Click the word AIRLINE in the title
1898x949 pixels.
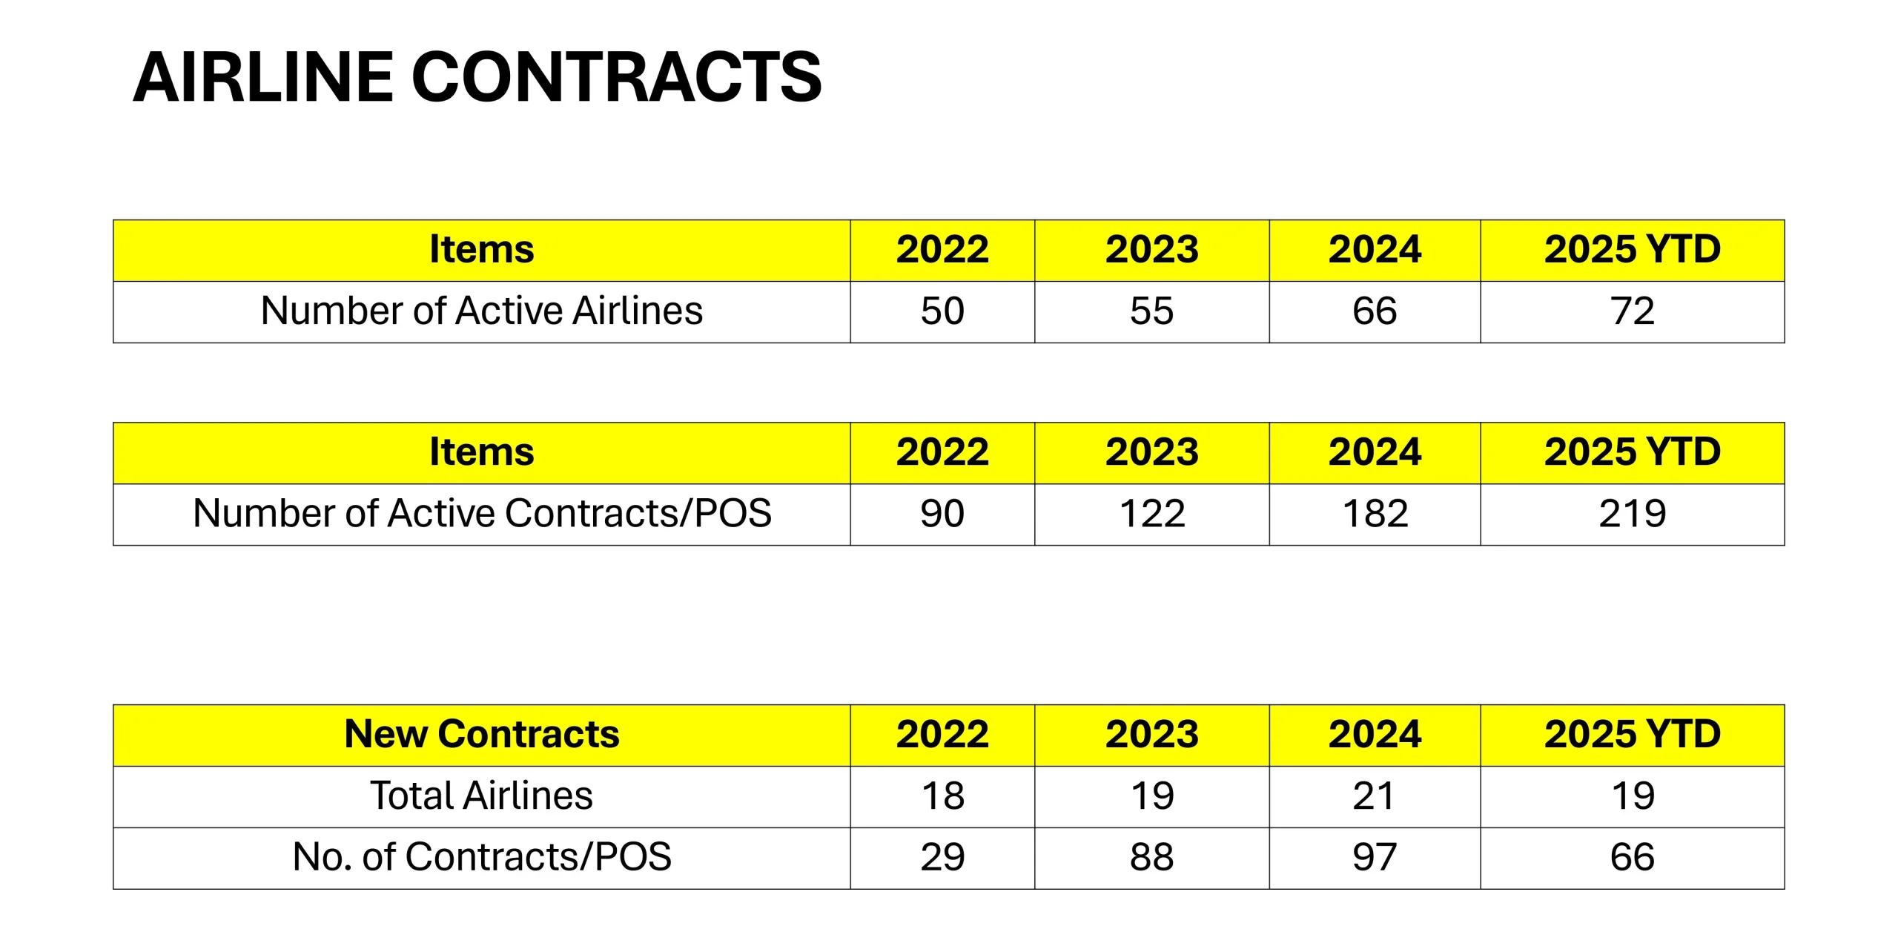click(x=263, y=77)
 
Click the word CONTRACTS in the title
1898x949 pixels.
click(x=616, y=77)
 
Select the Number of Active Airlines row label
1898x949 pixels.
click(x=481, y=311)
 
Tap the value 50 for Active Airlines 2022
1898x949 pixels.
click(x=942, y=311)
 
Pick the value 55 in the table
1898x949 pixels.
click(x=1151, y=311)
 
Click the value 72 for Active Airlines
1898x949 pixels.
click(x=1632, y=311)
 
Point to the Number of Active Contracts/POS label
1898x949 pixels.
click(x=481, y=513)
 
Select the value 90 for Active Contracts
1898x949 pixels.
click(x=942, y=513)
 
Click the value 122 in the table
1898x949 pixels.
click(x=1151, y=513)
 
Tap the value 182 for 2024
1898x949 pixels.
click(x=1375, y=513)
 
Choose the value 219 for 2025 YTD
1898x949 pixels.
click(x=1632, y=513)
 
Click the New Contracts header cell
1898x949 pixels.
click(x=481, y=734)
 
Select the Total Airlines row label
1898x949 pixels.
click(x=481, y=796)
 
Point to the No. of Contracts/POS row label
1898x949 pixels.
click(x=481, y=857)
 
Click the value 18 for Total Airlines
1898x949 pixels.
click(x=942, y=796)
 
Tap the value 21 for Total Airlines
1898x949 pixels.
click(x=1375, y=796)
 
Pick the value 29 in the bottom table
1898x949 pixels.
click(x=942, y=857)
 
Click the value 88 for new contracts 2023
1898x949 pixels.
click(x=1151, y=857)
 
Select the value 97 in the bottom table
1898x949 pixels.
click(x=1375, y=857)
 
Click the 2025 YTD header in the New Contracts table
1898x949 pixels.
click(x=1632, y=734)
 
